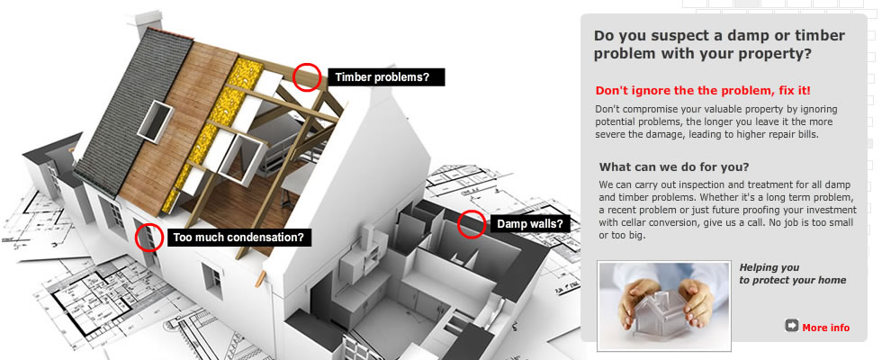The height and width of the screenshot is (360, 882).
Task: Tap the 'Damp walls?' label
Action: pos(530,224)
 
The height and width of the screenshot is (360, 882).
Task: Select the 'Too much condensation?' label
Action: pos(239,238)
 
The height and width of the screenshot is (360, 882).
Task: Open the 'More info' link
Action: pos(826,328)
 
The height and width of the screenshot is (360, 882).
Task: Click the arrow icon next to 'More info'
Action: pos(791,326)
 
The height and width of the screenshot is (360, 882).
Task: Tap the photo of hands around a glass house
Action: pos(664,305)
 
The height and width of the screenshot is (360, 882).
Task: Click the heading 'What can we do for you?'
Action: pos(674,167)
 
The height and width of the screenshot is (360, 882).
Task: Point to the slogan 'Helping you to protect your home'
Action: pos(793,274)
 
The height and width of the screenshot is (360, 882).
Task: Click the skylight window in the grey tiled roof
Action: pos(155,121)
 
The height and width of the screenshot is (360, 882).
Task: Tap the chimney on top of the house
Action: pos(146,22)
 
